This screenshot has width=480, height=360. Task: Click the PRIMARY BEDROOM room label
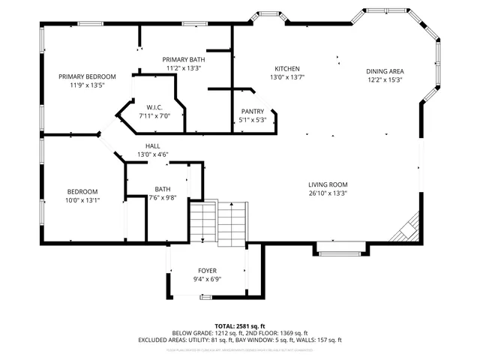coord(87,76)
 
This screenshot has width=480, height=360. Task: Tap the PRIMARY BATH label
coord(184,59)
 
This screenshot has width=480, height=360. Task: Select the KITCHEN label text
coord(287,67)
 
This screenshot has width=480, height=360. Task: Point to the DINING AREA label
coord(385,71)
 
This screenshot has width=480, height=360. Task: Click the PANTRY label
coord(252,111)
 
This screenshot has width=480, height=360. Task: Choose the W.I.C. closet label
coord(154,107)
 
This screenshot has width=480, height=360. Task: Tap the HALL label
coord(152,146)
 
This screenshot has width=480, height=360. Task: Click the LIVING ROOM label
coord(328,184)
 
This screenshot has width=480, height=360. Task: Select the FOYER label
coord(207,271)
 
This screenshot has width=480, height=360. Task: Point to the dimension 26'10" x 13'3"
coord(328,193)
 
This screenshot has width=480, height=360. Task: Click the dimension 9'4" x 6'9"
coord(207,280)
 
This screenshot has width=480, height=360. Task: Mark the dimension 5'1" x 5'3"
coord(252,120)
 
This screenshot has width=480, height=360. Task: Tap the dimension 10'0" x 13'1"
coord(82,200)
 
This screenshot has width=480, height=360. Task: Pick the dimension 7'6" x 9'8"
coord(162,198)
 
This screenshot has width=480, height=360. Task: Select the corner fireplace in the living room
coord(407,227)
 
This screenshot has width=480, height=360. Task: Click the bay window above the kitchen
coord(268,16)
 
